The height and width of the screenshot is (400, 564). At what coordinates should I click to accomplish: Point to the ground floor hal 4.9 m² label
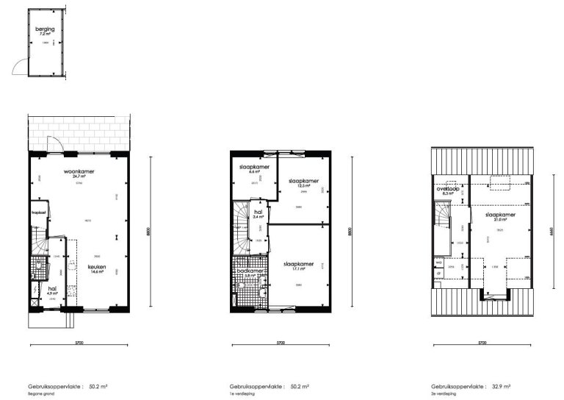coord(52,290)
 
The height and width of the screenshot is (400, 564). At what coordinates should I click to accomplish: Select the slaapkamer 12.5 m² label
coord(303,182)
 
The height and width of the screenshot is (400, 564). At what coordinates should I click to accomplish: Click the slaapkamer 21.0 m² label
coord(499,216)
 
